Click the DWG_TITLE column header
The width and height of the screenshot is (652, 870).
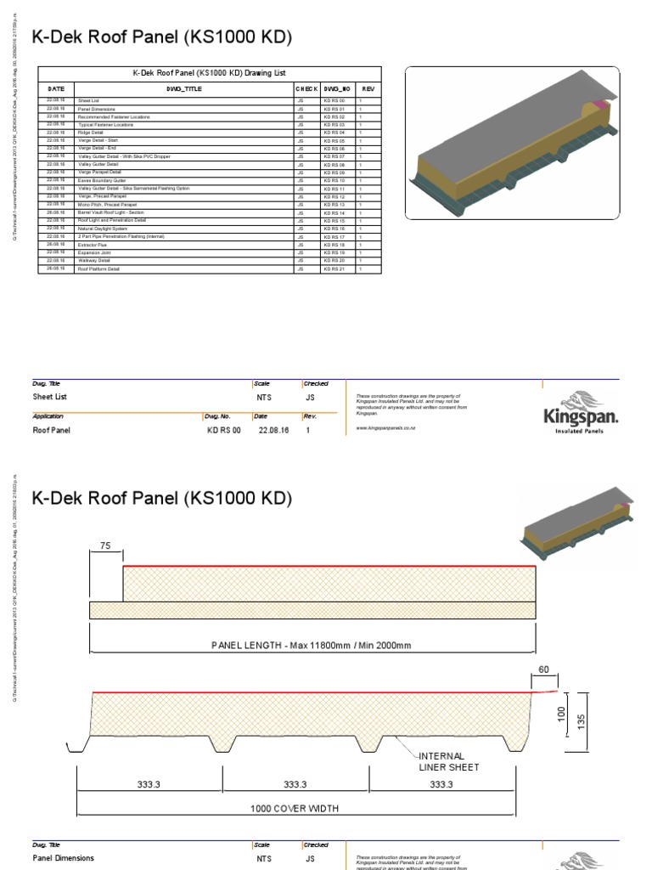(184, 88)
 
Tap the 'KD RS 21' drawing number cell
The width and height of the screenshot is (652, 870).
(334, 268)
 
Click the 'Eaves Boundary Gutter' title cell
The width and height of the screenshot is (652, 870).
(103, 181)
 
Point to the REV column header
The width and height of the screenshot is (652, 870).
(367, 88)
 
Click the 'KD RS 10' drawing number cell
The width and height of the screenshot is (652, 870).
(334, 181)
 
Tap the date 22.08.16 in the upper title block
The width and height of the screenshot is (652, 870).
(268, 431)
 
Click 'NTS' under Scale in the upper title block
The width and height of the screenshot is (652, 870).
(266, 397)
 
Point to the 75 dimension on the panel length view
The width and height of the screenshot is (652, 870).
(106, 547)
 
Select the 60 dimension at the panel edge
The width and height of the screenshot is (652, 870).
(544, 669)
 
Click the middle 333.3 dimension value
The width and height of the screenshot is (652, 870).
(296, 785)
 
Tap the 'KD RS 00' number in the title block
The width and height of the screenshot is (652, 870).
(224, 431)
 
